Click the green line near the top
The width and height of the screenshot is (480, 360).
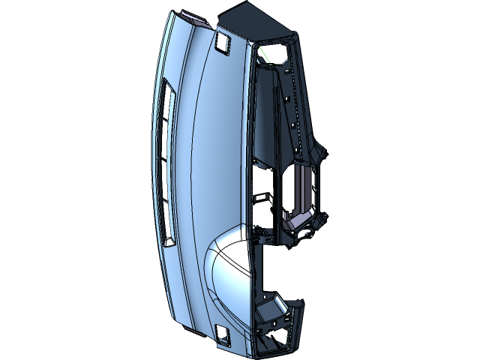(262, 55)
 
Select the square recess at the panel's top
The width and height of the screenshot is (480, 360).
(223, 43)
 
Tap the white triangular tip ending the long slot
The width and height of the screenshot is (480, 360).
(169, 241)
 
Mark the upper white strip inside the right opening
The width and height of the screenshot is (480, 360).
(306, 170)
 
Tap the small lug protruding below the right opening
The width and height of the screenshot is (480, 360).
(307, 232)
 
